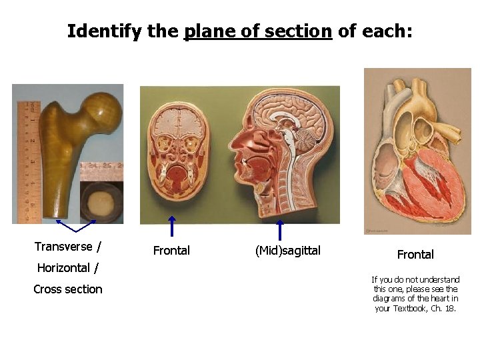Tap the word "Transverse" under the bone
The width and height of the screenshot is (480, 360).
(63, 247)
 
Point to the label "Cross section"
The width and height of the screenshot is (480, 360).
(68, 289)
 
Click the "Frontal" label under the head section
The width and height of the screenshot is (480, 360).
(171, 251)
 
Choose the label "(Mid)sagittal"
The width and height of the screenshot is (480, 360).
(288, 251)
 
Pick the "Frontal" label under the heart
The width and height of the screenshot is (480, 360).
(415, 255)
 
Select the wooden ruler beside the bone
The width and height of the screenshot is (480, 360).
(25, 160)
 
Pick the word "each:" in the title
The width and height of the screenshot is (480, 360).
(390, 31)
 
